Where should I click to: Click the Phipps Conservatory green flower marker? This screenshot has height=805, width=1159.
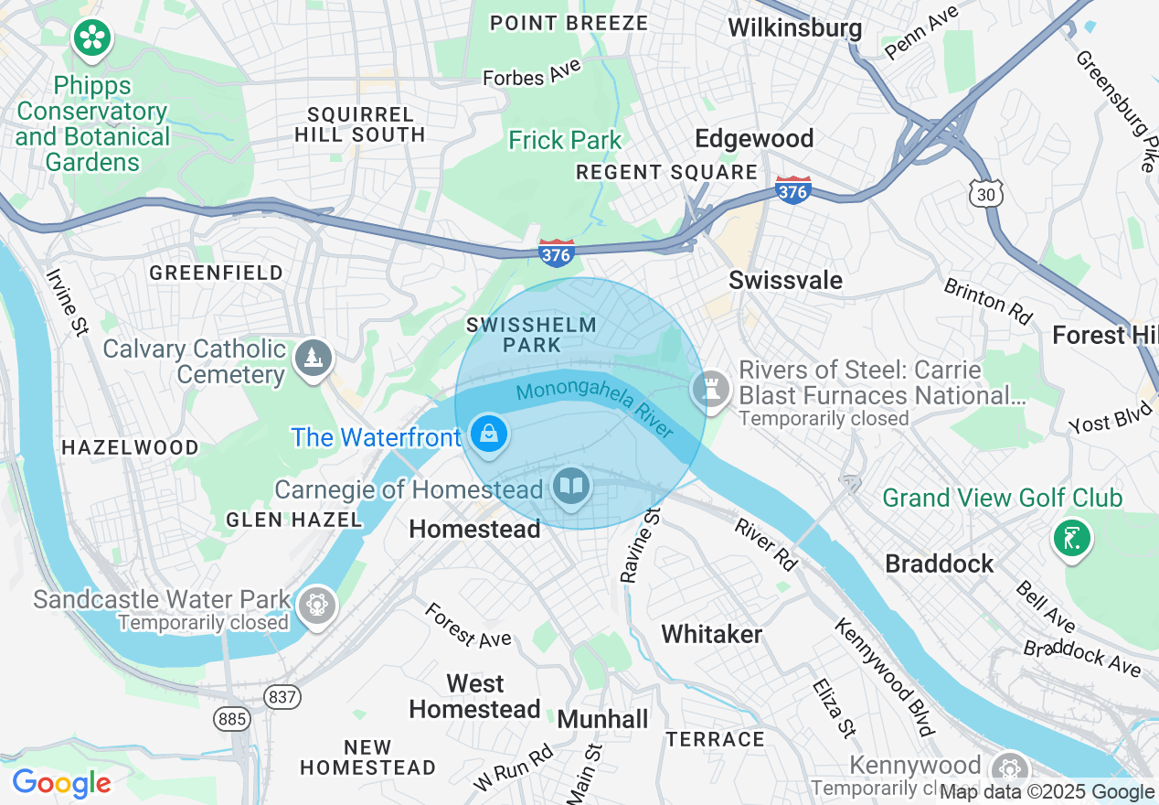tap(92, 38)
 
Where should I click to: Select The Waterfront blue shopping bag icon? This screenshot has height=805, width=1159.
tap(490, 433)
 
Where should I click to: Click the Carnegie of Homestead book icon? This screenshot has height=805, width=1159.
tap(571, 485)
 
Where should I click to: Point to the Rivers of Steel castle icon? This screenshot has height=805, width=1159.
tap(710, 389)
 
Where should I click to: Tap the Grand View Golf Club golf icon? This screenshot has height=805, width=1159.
tap(1072, 537)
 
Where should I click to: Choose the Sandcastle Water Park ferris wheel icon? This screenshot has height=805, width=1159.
tap(316, 605)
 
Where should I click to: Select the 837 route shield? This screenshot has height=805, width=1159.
tap(282, 697)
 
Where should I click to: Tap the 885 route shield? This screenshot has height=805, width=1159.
tap(232, 719)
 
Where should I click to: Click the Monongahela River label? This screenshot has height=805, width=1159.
tap(594, 407)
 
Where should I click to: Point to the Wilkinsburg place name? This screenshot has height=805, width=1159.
tap(794, 27)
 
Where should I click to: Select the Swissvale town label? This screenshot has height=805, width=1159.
tap(785, 280)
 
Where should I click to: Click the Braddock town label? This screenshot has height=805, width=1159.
tap(939, 563)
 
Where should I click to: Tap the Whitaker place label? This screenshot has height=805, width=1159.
tap(711, 633)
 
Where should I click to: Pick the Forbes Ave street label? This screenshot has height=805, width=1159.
tap(532, 75)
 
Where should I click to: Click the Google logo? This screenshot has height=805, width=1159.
tap(61, 783)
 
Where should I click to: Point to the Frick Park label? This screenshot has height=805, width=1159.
tap(565, 140)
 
